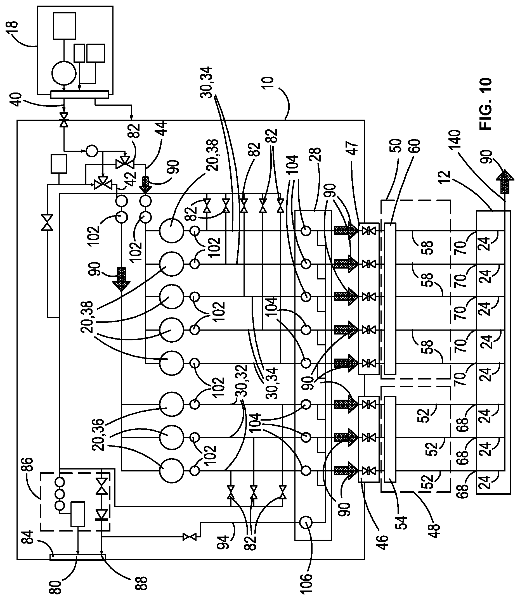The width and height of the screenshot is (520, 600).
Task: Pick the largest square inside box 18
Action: (65, 25)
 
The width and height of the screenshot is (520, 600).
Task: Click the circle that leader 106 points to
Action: (306, 523)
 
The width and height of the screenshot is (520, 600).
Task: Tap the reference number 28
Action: (315, 155)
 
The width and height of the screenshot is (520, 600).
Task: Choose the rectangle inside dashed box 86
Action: (78, 514)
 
